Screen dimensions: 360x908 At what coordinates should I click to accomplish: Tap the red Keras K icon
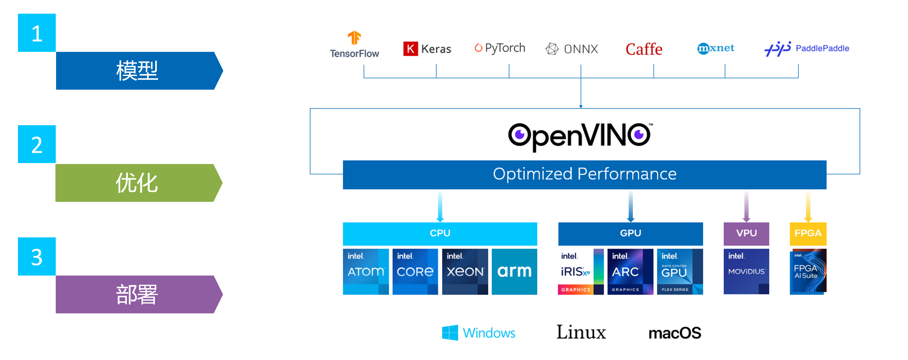click(x=410, y=49)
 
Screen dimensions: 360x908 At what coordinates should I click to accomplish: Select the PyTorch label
click(x=504, y=48)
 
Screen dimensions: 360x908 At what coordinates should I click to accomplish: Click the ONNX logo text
click(x=581, y=49)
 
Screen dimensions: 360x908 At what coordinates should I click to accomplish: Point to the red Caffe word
click(x=644, y=49)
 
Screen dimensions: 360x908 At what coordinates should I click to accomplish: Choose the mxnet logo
click(x=716, y=48)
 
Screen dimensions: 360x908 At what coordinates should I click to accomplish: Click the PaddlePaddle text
click(x=822, y=48)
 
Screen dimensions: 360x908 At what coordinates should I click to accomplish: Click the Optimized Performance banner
click(x=585, y=174)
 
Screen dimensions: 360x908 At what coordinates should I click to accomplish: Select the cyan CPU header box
click(x=439, y=233)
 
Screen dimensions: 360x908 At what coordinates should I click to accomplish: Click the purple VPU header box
click(x=746, y=233)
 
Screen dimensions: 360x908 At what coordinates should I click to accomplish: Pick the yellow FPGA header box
click(x=808, y=233)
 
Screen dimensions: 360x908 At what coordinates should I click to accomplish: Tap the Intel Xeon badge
click(x=465, y=271)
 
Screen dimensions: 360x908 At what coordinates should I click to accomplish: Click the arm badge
click(x=514, y=271)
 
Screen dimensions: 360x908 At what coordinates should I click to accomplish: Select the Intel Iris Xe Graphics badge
click(x=580, y=271)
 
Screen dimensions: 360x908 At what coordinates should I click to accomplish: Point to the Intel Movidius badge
click(x=746, y=271)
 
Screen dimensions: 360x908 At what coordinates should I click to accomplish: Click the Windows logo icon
click(x=450, y=332)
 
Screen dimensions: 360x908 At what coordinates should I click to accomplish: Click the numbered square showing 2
click(x=37, y=144)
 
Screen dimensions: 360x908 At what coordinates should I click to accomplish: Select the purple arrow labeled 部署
click(x=138, y=294)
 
